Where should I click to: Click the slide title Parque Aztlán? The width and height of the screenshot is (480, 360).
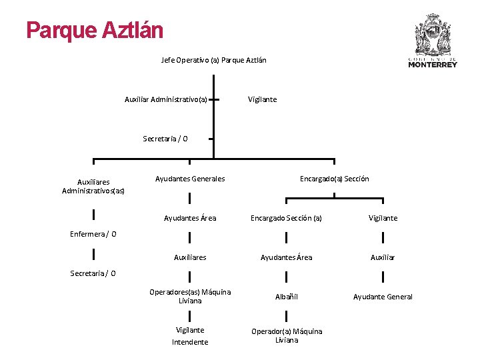tap(94, 30)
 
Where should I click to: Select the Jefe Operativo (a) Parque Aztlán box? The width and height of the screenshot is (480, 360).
tap(213, 60)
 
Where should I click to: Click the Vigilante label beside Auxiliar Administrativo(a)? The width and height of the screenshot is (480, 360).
tap(262, 99)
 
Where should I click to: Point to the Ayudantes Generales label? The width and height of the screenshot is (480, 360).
tap(190, 179)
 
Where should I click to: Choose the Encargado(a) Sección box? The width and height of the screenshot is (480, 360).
tap(334, 179)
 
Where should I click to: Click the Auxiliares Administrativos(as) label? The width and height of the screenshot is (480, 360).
tap(93, 186)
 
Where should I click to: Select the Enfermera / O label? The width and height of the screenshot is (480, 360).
tap(93, 234)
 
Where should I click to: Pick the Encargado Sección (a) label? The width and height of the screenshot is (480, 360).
tap(286, 218)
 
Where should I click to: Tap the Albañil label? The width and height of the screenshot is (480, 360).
tap(286, 297)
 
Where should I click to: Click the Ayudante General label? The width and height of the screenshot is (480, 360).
tap(383, 297)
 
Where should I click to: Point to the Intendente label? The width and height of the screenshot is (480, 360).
tap(190, 342)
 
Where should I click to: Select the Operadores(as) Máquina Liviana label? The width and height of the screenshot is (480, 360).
tap(190, 297)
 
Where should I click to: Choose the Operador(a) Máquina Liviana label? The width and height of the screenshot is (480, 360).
tap(286, 335)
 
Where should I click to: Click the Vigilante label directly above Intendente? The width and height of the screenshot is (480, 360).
tap(190, 330)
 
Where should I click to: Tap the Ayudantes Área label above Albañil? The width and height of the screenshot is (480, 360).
tap(286, 257)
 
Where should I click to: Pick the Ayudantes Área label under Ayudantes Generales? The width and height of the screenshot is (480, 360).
tap(190, 218)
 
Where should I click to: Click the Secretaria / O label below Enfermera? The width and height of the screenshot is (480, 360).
tap(93, 273)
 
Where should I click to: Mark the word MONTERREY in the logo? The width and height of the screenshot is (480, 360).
tap(433, 65)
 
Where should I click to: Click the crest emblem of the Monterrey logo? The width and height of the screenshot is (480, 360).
tap(433, 33)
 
